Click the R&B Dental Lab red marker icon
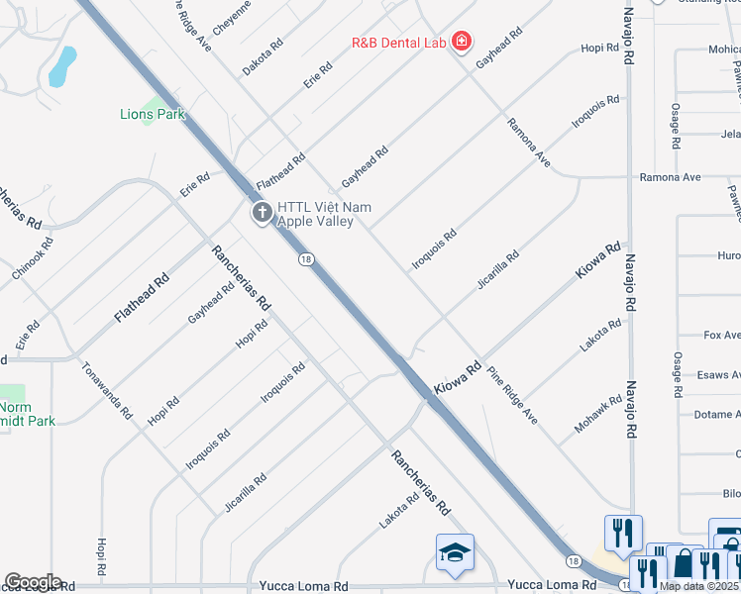point(461,42)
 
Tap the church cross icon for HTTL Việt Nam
point(262,212)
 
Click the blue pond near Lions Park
point(62,65)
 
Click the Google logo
point(32,582)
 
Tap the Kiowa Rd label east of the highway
point(599,259)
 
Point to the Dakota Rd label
point(263,57)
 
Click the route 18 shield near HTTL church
point(307,259)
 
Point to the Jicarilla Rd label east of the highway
point(497,269)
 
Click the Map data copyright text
point(699,586)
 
